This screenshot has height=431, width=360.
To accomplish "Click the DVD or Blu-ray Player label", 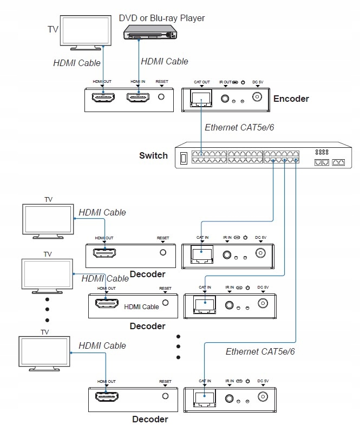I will (x=162, y=18).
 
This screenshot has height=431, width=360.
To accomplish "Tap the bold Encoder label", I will (x=291, y=99).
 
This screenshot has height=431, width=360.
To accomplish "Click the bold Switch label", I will (x=153, y=156).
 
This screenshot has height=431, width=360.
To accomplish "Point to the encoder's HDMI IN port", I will (x=139, y=98).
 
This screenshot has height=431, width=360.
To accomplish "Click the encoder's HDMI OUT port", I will (x=103, y=98).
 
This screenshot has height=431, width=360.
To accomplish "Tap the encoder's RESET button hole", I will (x=161, y=97).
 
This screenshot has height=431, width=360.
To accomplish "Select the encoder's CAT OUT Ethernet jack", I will (x=201, y=98).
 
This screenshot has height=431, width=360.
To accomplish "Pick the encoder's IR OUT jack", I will (x=225, y=99).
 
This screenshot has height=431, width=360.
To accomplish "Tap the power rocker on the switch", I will (x=184, y=158).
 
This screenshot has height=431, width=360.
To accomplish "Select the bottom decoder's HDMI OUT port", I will (x=106, y=397).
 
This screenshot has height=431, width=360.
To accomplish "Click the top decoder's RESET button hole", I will (x=163, y=252).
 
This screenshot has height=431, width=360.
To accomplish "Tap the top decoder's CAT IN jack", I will (x=202, y=253).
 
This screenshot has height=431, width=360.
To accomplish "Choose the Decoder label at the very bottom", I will (x=150, y=420).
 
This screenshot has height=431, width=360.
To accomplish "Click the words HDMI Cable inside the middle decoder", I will (x=141, y=307).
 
